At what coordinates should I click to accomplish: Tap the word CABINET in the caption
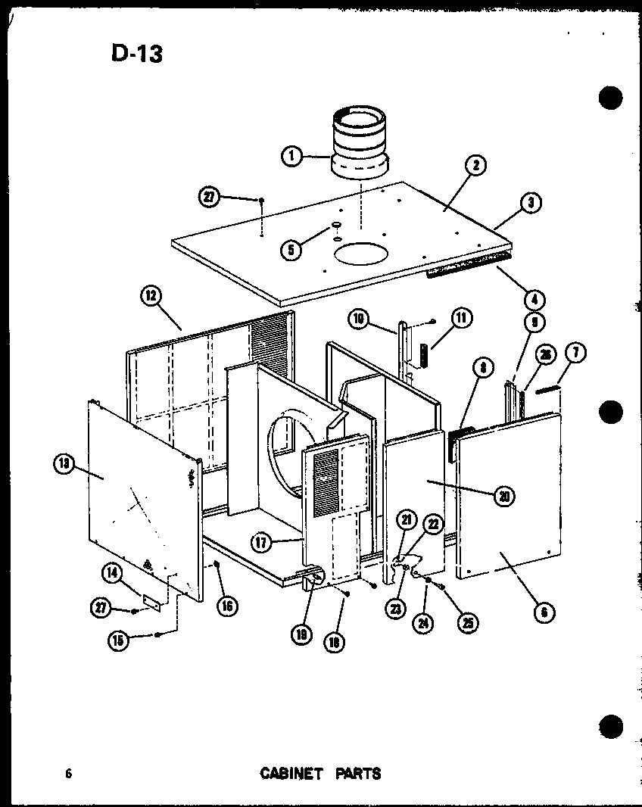tap(291, 774)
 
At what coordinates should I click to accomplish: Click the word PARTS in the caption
tap(356, 774)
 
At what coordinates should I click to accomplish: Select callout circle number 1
tap(290, 157)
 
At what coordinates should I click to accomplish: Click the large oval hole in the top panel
tap(362, 254)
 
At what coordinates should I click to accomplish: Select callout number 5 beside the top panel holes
tap(289, 249)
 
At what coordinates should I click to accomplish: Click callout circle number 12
tap(149, 297)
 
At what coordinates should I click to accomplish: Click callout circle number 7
tap(576, 352)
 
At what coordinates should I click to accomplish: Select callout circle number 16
tap(226, 605)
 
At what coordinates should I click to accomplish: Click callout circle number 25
tap(469, 622)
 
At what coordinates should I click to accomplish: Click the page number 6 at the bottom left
tap(68, 774)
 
